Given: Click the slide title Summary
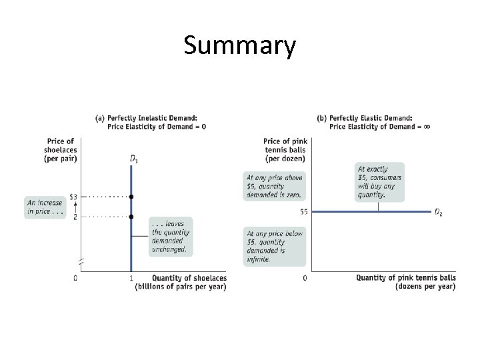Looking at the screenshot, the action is (x=239, y=45).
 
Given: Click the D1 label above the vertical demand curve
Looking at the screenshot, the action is (x=134, y=159).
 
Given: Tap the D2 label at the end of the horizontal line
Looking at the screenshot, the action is (x=439, y=213).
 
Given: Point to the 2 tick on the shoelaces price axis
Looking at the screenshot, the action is (x=75, y=217).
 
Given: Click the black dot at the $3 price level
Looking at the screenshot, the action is (x=131, y=197).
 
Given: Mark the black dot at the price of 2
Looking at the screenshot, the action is (x=131, y=217).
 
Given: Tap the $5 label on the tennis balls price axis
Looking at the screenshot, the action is (x=303, y=212).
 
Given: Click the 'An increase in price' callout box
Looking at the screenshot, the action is (x=45, y=207).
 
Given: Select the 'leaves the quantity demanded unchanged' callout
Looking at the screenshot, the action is (x=171, y=237).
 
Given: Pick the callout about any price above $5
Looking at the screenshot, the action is (x=275, y=186).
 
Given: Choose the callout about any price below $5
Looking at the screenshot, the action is (x=275, y=246).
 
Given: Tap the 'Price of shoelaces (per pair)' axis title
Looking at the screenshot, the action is (x=61, y=149).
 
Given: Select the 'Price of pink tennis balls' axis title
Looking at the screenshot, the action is (x=285, y=149).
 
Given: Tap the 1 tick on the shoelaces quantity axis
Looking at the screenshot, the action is (x=131, y=278).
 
